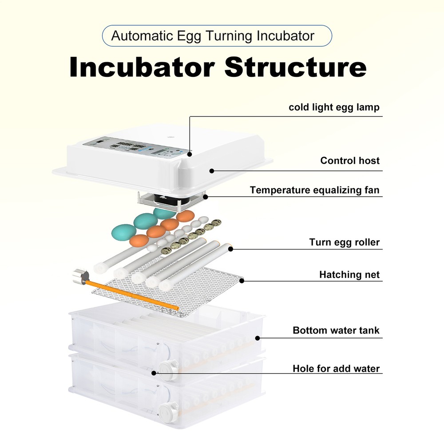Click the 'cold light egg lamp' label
(334, 107)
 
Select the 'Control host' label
(350, 161)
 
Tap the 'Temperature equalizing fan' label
(314, 190)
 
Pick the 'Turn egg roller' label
(344, 242)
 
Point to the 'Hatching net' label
(349, 275)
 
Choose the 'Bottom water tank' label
(336, 331)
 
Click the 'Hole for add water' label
(336, 369)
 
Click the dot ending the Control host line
(212, 170)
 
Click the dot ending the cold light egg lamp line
(190, 155)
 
